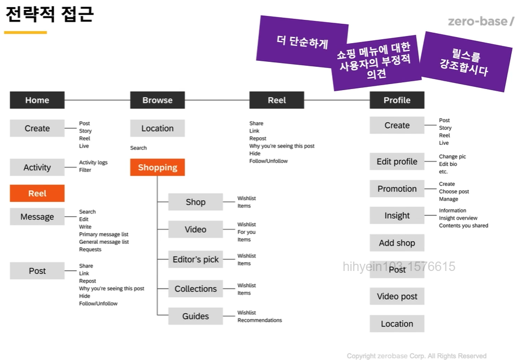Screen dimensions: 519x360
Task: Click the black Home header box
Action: (37, 100)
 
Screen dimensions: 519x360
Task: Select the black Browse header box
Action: (158, 100)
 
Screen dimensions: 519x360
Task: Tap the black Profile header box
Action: (397, 100)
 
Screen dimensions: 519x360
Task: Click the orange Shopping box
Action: (158, 168)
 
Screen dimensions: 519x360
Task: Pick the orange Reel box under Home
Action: (37, 194)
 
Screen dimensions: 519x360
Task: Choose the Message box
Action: (37, 217)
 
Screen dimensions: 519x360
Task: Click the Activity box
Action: (37, 168)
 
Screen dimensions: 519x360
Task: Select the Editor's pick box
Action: (196, 259)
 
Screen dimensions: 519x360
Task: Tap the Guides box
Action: (196, 316)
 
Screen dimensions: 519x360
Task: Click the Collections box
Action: (196, 289)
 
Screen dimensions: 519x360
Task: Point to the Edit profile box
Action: (397, 161)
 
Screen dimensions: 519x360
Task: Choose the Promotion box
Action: (397, 189)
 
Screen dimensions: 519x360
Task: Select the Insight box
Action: (397, 216)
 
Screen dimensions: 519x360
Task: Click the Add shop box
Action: (397, 243)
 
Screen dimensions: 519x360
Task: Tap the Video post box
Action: (397, 296)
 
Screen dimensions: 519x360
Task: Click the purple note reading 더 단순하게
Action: (302, 42)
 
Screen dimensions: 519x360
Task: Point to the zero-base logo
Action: (480, 22)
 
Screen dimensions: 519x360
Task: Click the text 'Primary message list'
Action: (103, 234)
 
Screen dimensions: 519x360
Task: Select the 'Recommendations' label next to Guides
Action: (260, 320)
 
